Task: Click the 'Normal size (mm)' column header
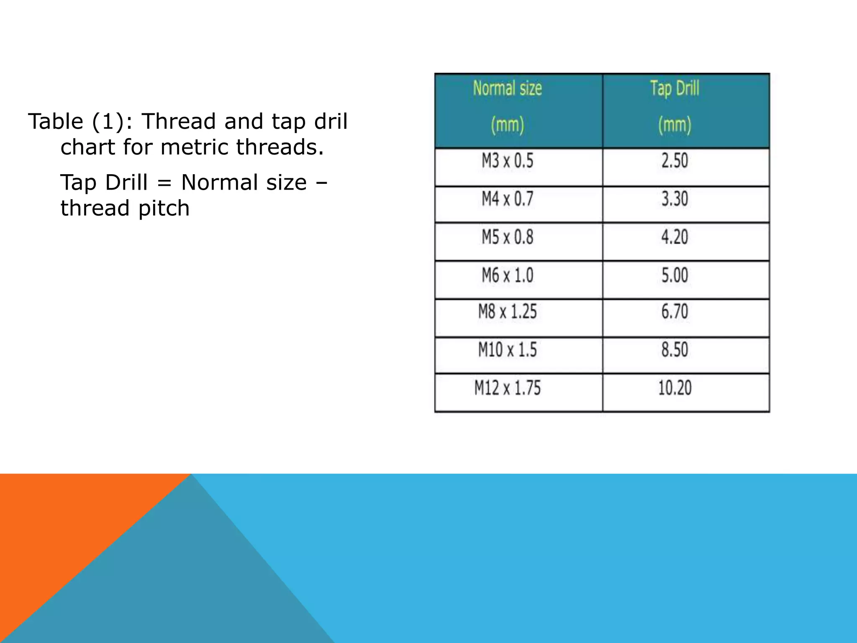pos(508,107)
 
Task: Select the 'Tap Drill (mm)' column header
pos(675,107)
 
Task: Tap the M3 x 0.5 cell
pos(508,161)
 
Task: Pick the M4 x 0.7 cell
pos(508,199)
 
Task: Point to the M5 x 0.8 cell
pos(508,237)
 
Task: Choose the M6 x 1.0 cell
pos(508,275)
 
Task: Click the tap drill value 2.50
pos(675,161)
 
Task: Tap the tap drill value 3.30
pos(675,199)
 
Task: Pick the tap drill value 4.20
pos(675,237)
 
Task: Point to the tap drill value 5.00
pos(675,275)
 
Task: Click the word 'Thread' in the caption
pos(179,121)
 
